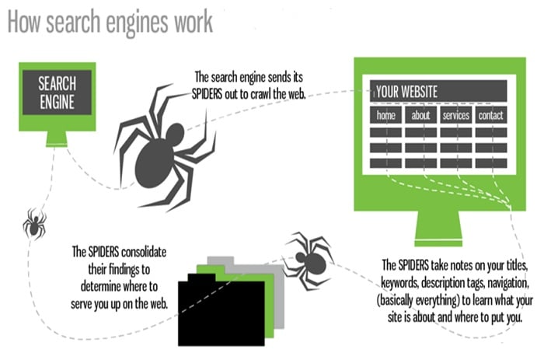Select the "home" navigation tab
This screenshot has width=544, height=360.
tap(385, 116)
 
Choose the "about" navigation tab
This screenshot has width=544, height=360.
tap(420, 116)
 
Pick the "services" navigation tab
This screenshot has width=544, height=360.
tap(455, 116)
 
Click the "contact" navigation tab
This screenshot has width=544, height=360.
tap(490, 116)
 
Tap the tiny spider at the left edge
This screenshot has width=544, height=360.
tap(33, 223)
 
